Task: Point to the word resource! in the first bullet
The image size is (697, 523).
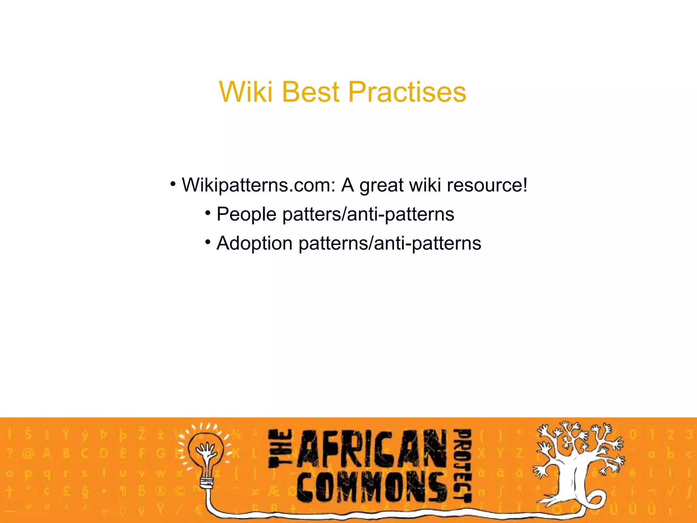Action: [487, 186]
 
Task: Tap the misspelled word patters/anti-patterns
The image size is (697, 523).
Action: [368, 215]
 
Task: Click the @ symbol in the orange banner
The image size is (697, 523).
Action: [28, 454]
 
